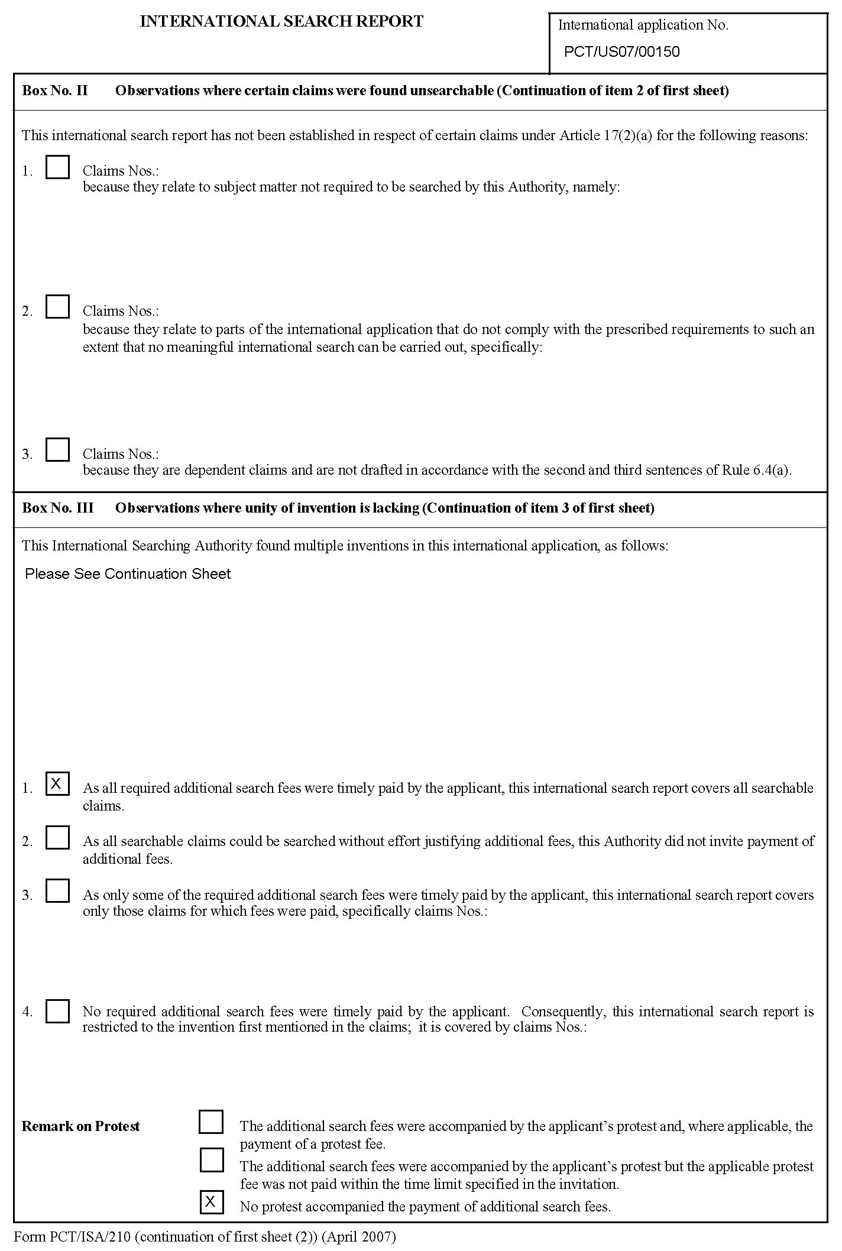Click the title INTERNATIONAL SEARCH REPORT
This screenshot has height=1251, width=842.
pos(281,22)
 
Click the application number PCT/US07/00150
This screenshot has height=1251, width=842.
pos(621,52)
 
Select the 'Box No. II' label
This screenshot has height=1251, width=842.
pos(55,90)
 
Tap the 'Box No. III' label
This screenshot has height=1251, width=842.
pos(58,508)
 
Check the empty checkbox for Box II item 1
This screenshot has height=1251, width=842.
pos(57,167)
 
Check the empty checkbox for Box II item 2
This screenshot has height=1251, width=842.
pos(57,307)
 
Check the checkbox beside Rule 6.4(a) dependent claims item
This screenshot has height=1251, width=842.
pos(57,450)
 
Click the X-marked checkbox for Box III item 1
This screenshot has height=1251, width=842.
pos(57,784)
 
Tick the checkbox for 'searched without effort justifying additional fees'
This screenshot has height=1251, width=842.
pos(57,838)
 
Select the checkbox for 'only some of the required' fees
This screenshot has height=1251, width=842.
pos(57,891)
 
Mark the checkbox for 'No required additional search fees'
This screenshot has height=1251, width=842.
pos(57,1011)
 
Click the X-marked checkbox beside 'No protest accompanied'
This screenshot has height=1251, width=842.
pos(211,1202)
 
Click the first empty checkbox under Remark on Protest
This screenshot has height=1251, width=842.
pos(211,1122)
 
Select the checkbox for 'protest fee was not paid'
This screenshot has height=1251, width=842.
pos(211,1160)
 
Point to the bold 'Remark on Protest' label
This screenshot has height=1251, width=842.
pos(81,1126)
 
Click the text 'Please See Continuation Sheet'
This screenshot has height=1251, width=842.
pos(128,574)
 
